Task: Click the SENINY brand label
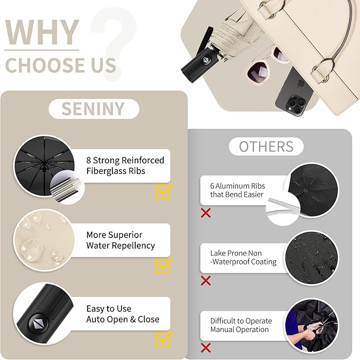(93, 109)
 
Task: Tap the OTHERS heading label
(266, 146)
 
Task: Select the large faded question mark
(112, 42)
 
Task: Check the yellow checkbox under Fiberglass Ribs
(163, 191)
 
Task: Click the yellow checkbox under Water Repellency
(163, 266)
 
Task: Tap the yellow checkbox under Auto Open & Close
(163, 339)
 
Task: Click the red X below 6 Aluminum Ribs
(206, 213)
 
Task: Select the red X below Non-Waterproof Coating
(206, 280)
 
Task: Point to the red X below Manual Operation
(206, 348)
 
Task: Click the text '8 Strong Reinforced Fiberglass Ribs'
(125, 165)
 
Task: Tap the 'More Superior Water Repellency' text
(120, 240)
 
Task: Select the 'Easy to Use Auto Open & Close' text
(122, 314)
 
